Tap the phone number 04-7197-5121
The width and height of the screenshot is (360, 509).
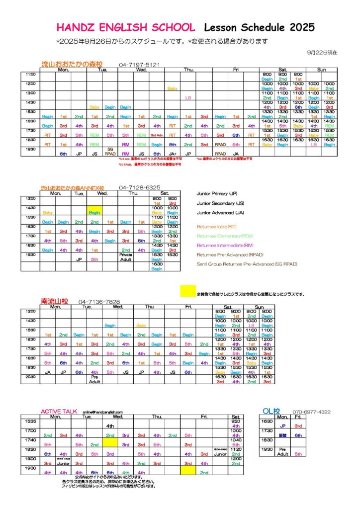click(139, 65)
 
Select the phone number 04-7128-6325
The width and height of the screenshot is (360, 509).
click(139, 187)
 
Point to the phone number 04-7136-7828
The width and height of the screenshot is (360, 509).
click(99, 302)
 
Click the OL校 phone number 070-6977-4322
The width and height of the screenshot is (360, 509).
click(311, 412)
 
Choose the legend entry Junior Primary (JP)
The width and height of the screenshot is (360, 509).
click(216, 193)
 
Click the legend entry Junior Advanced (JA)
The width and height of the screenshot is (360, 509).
click(217, 213)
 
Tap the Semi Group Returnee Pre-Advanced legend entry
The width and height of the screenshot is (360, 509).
click(247, 264)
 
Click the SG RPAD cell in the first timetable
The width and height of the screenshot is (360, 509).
click(111, 151)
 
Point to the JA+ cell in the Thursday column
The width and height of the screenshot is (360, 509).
click(173, 154)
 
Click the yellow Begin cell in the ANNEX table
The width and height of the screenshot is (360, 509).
click(94, 212)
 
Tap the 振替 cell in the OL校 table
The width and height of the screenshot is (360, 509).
click(282, 435)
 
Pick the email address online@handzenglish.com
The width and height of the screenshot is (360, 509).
click(103, 412)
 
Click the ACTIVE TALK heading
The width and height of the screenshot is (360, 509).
click(60, 412)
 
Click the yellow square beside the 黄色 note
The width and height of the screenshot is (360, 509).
click(188, 291)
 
